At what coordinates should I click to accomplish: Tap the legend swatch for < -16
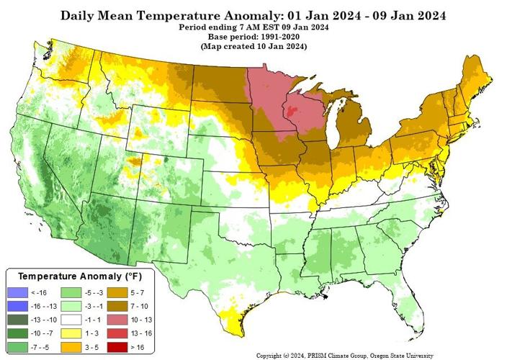click(x=22, y=292)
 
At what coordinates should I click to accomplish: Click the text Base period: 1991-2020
click(x=253, y=36)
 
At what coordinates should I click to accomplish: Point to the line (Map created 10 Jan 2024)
click(x=253, y=46)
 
